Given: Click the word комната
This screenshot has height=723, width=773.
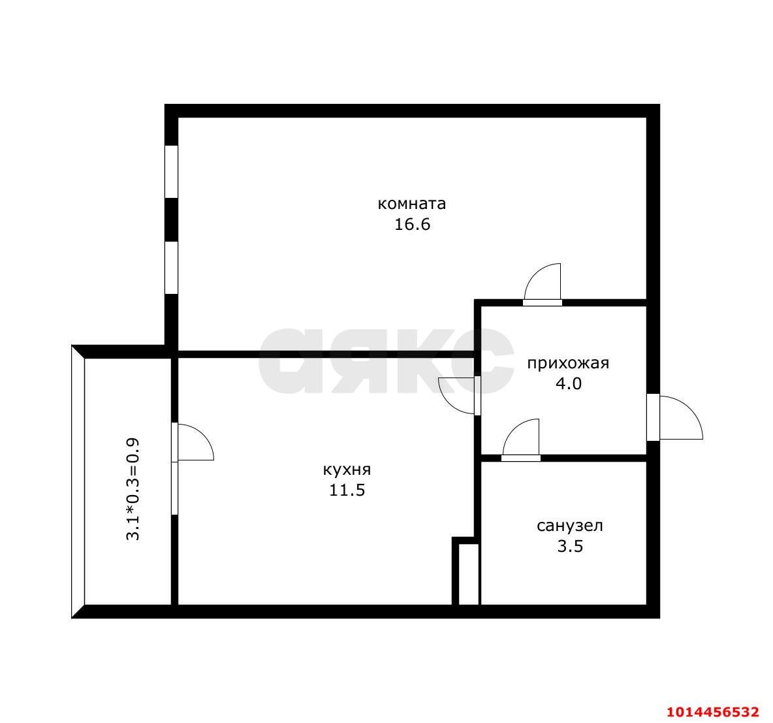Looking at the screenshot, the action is click(412, 204).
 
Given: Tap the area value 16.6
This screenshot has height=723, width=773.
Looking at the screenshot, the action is click(412, 225).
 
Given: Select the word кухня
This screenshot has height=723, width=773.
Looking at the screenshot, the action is click(347, 470).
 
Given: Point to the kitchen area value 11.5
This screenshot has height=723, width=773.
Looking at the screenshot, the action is click(347, 490).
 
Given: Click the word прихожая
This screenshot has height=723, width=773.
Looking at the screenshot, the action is click(568, 363).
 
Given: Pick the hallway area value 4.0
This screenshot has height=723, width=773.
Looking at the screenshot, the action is click(569, 383).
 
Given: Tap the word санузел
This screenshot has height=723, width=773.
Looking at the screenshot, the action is click(570, 526).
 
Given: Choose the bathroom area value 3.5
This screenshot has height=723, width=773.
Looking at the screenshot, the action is click(571, 547).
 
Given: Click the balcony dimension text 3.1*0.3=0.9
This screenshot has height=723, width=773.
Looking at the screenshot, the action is click(133, 489).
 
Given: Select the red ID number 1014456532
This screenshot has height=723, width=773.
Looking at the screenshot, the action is click(712, 712).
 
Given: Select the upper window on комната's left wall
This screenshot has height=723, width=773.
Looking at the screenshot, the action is click(171, 172).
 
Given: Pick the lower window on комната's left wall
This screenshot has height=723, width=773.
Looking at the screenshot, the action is click(171, 268).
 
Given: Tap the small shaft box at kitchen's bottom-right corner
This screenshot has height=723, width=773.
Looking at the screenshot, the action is click(469, 574).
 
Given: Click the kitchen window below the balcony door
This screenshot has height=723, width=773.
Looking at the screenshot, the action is click(174, 489).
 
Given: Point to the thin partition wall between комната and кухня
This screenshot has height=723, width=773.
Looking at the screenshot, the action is click(326, 354).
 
